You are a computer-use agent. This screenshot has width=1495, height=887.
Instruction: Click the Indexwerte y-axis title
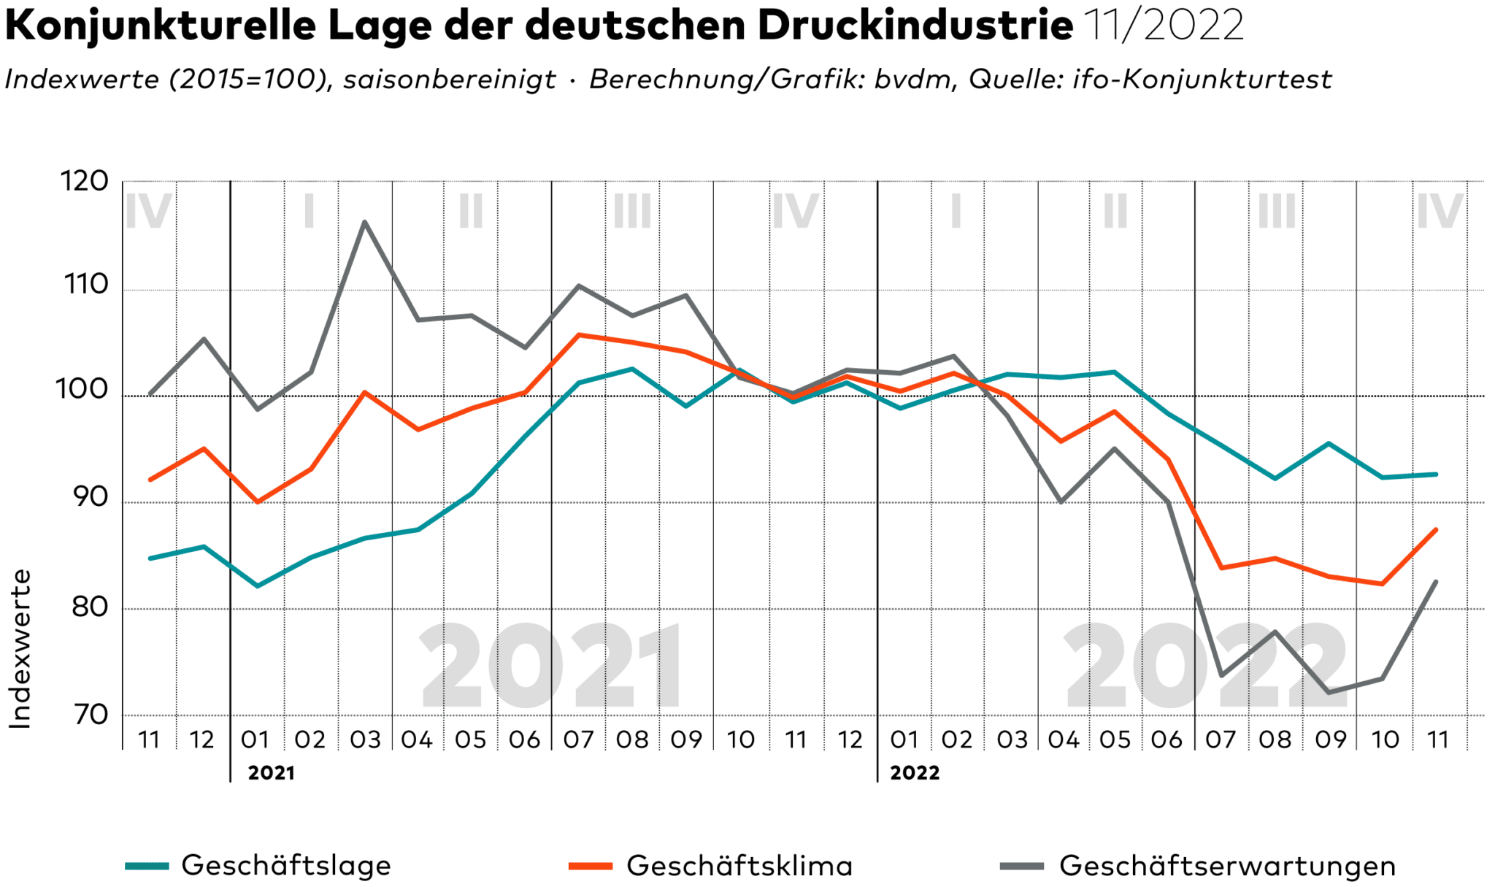tap(20, 649)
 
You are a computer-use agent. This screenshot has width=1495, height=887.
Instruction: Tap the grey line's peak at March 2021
tap(364, 222)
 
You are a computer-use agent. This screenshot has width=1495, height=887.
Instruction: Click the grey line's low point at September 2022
tap(1329, 692)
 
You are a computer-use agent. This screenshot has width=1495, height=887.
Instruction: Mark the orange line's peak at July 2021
tap(579, 335)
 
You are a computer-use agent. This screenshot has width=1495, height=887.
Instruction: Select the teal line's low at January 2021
tap(257, 585)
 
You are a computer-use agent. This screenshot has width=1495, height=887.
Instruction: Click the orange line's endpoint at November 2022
tap(1436, 530)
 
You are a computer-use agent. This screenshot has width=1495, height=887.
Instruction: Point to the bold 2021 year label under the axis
tap(272, 773)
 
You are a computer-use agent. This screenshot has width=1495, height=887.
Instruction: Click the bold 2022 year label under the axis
tap(915, 773)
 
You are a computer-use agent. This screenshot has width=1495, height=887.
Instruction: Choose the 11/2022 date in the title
tap(1164, 26)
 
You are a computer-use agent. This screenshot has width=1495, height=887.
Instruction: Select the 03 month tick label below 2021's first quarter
tap(365, 740)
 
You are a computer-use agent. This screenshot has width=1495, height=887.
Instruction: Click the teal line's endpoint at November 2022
tap(1436, 475)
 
